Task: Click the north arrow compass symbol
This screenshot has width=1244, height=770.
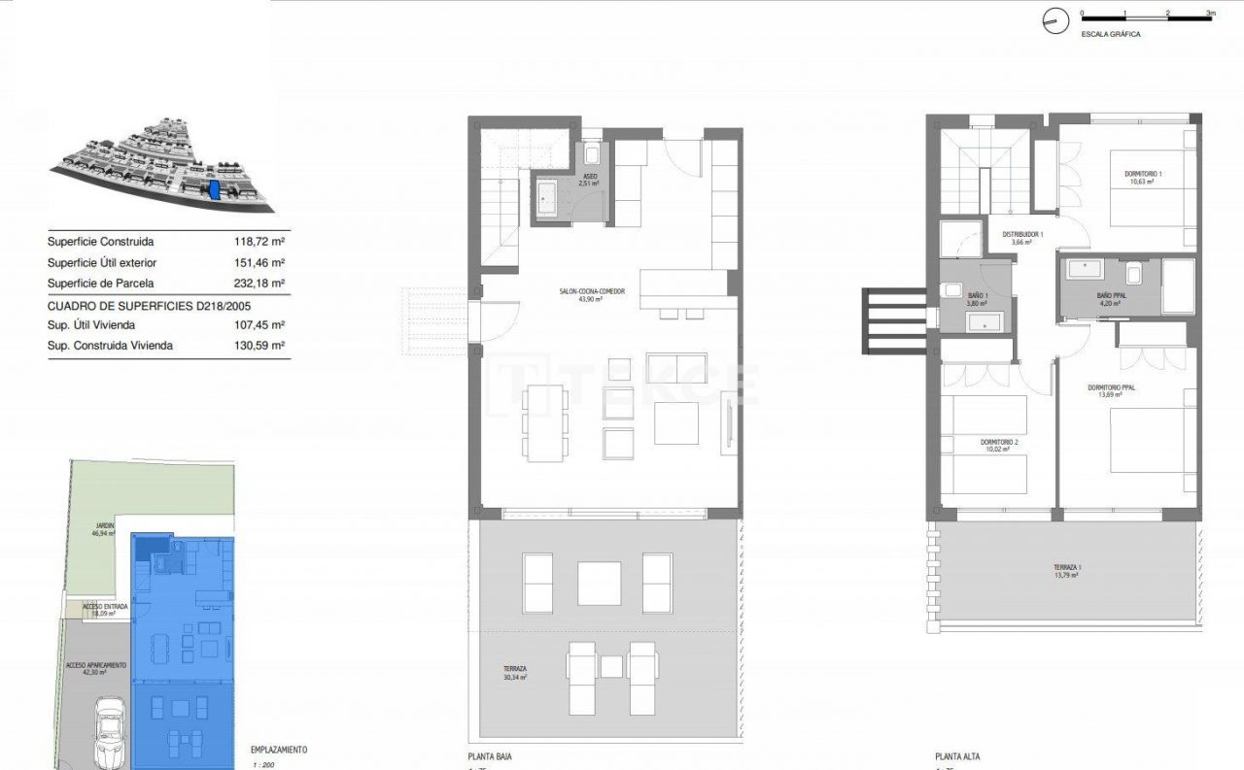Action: [1054, 20]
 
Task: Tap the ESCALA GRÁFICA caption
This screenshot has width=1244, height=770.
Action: [1111, 34]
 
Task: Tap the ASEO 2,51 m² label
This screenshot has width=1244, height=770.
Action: [589, 180]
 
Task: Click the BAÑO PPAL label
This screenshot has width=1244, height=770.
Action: [1110, 298]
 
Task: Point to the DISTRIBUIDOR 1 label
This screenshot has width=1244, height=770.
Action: [1022, 238]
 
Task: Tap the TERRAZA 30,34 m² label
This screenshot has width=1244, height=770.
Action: [515, 672]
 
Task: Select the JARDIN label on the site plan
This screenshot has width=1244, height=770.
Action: [103, 529]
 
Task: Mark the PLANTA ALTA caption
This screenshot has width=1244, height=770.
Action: [956, 756]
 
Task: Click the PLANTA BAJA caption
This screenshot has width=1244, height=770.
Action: [490, 756]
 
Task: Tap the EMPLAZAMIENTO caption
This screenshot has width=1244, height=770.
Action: [279, 750]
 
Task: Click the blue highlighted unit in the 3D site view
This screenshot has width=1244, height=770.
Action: [215, 190]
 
